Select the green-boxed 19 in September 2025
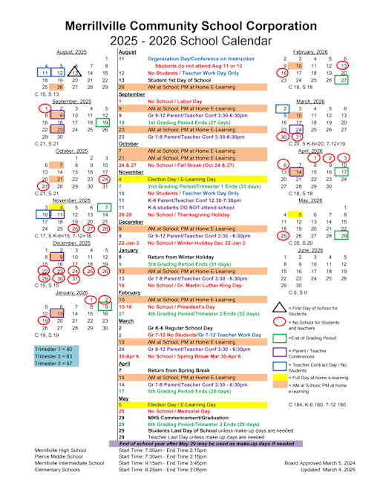[x=108, y=122]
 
